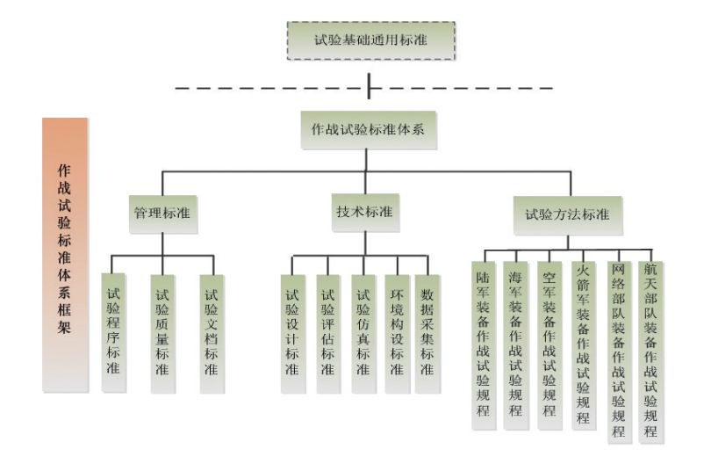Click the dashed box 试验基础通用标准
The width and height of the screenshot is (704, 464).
pyautogui.click(x=371, y=40)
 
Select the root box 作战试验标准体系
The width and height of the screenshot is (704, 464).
pyautogui.click(x=369, y=129)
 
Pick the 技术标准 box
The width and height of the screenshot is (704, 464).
pyautogui.click(x=364, y=212)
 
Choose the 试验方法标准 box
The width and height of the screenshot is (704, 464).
pyautogui.click(x=567, y=214)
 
